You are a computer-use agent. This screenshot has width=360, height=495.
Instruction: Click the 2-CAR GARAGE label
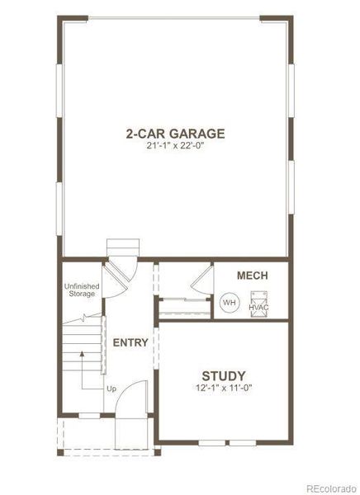pos(175,134)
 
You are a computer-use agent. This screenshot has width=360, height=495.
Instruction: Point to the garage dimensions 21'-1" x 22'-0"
pos(175,146)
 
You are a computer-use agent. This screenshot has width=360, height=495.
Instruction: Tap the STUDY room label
pos(224,376)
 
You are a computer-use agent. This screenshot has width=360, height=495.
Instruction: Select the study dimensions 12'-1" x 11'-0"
pos(224,388)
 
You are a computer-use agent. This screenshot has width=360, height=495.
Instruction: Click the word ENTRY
pos(130,342)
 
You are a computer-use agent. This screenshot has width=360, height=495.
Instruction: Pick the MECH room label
pos(252,276)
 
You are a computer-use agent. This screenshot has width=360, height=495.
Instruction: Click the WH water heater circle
pos(230,303)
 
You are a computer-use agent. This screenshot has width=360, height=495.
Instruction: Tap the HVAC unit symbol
pos(259,304)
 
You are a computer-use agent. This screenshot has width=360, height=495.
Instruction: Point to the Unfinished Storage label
pos(82,290)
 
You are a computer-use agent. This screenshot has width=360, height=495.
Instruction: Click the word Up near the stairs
pos(111,389)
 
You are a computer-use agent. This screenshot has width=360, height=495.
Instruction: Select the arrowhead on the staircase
pos(83,354)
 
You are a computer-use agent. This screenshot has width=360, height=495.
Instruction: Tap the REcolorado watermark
pos(332,488)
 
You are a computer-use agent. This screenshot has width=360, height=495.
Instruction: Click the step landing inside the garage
pos(123,247)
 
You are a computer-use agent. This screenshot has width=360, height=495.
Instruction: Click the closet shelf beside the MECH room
pos(185,309)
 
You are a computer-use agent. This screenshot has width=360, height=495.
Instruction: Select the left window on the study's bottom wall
pos(211,443)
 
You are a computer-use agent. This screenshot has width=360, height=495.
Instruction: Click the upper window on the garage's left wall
pos(59,91)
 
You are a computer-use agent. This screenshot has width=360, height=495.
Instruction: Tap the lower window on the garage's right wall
pos(291,187)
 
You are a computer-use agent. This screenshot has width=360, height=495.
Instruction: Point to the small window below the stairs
pos(89,416)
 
